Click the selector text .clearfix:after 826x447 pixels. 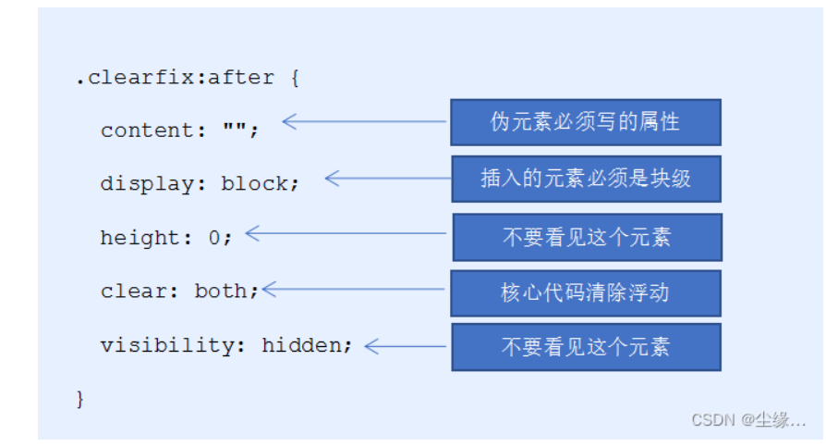[x=175, y=78]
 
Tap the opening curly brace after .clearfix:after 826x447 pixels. [x=295, y=78]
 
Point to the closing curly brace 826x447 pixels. [x=79, y=399]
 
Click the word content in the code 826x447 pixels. [x=147, y=130]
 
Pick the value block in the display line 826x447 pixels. [x=254, y=183]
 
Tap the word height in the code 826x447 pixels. [x=140, y=238]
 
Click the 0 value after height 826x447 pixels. [x=213, y=238]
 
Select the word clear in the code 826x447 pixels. [x=133, y=291]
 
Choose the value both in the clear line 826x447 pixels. [x=221, y=291]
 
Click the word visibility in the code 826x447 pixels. [x=166, y=345]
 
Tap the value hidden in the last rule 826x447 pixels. [x=302, y=345]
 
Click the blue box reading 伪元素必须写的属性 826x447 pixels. [x=586, y=122]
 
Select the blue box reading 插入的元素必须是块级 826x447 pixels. [x=587, y=179]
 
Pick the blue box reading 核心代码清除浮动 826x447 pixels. [x=586, y=293]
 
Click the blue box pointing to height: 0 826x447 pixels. [x=588, y=238]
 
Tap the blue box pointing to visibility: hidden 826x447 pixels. [x=587, y=347]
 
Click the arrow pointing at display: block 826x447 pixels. [x=388, y=179]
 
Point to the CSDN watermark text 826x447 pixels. [x=748, y=420]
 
